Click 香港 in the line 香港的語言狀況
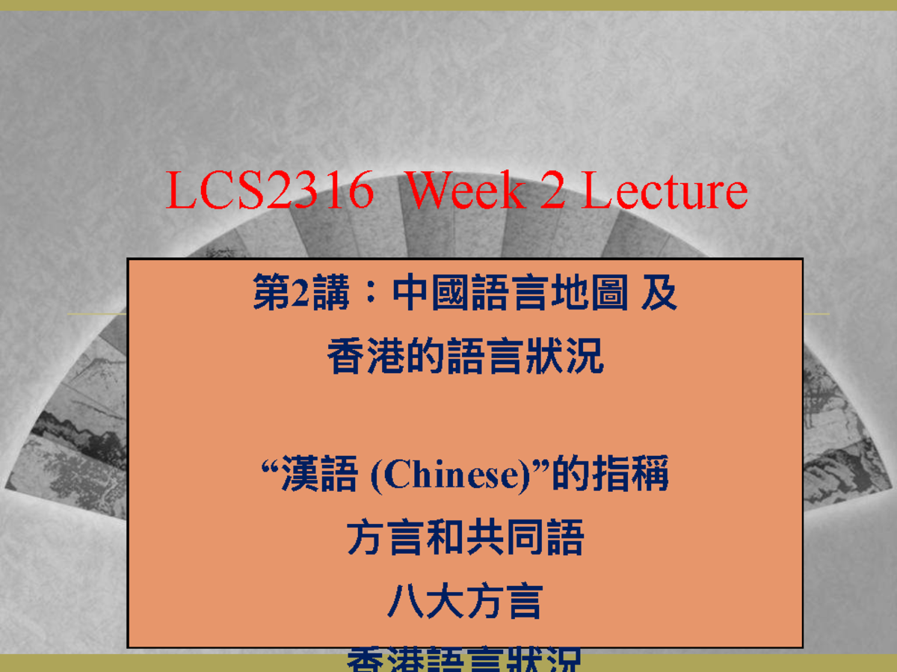[x=366, y=357]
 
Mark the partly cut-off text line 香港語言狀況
[x=464, y=660]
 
